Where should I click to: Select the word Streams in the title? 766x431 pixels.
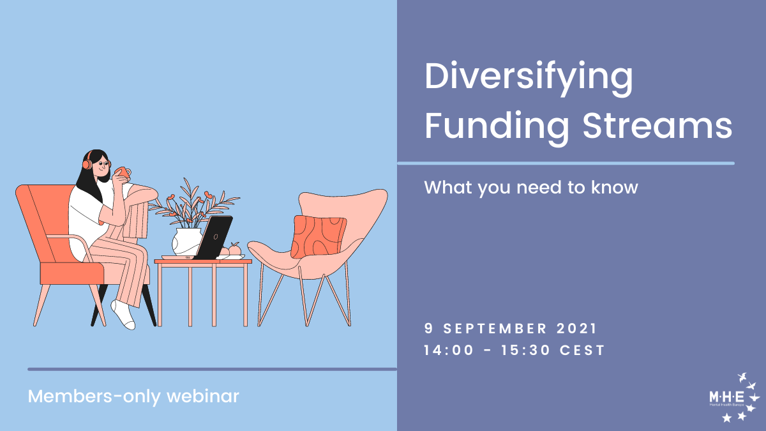[x=657, y=125]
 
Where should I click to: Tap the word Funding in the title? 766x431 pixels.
[x=497, y=128]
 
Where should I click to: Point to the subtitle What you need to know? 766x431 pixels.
[x=531, y=188]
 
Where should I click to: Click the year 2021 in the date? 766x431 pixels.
[x=576, y=328]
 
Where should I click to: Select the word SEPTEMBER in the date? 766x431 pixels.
[x=495, y=329]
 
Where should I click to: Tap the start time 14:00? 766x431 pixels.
[x=449, y=351]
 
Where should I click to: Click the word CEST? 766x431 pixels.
[x=582, y=351]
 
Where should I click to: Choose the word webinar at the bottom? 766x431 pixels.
[x=203, y=396]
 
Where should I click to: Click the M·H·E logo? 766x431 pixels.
[x=734, y=398]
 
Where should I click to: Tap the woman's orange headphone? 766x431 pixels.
[x=87, y=162]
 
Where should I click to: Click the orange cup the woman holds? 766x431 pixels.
[x=123, y=172]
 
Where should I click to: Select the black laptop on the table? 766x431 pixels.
[x=213, y=238]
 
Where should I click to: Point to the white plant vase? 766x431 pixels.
[x=186, y=242]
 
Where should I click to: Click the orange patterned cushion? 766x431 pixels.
[x=319, y=237]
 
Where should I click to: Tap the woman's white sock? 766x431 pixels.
[x=123, y=315]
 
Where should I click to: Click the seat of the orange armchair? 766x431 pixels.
[x=71, y=273]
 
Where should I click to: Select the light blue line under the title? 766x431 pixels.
[x=566, y=163]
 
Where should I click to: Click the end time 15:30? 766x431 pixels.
[x=526, y=351]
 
